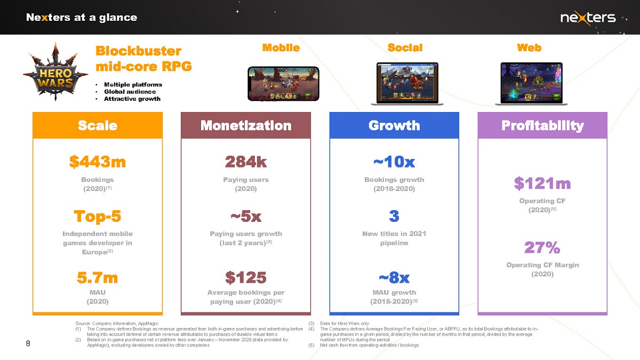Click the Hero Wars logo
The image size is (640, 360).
(x=55, y=72)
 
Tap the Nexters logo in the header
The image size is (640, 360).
(x=588, y=18)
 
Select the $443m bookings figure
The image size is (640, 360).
(x=98, y=162)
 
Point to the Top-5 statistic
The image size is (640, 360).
(x=98, y=216)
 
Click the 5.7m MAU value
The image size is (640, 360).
(x=98, y=277)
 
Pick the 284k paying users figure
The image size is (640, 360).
(x=246, y=162)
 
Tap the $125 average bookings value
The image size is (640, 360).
(x=246, y=277)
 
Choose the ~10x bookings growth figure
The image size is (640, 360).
(x=394, y=162)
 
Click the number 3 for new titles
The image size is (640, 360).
(x=394, y=216)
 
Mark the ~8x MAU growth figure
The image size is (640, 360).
(x=394, y=277)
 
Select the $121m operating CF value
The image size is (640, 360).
(x=542, y=183)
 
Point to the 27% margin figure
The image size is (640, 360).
(x=542, y=247)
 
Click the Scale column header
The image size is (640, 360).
(x=98, y=125)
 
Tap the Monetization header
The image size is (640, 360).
(x=246, y=125)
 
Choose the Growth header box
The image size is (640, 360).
(x=394, y=125)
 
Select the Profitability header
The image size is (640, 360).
(x=542, y=125)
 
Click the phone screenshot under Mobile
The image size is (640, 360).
(x=283, y=83)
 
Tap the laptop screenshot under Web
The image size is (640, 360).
(x=531, y=83)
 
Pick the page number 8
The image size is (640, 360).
(x=28, y=343)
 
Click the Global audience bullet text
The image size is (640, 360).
(x=130, y=92)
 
